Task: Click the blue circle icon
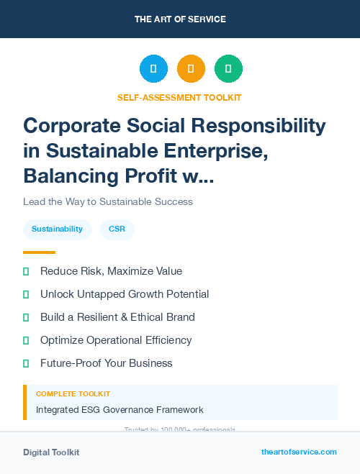153,69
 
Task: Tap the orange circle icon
191,69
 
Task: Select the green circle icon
228,69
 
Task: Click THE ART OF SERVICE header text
180,19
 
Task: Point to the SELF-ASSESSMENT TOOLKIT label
179,97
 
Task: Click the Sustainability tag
57,229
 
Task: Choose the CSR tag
117,229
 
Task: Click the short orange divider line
39,252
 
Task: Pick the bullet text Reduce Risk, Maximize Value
111,271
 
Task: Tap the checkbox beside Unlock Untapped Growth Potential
27,294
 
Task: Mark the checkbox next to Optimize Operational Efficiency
27,340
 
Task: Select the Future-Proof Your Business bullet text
106,363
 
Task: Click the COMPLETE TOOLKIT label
73,394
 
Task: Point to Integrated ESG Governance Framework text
120,410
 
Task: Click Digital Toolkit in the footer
51,452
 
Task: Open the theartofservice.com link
299,452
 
